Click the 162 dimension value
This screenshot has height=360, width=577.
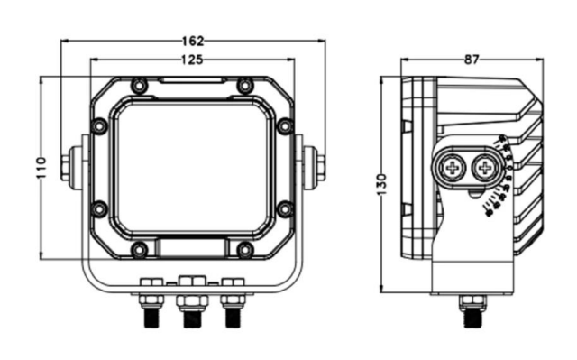coord(193,41)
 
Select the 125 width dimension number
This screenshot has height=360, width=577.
coord(192,60)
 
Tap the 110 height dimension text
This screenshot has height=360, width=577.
coord(41,168)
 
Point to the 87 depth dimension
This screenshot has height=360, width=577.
coord(472,60)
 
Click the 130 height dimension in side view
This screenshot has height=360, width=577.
coord(382,185)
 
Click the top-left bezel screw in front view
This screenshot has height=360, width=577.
coord(139,86)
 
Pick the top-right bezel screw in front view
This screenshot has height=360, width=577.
coord(244,86)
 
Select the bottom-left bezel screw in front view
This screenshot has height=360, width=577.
coord(139,250)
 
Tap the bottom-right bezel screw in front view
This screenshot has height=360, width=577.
coord(244,250)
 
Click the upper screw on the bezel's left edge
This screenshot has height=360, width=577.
coord(99,126)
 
